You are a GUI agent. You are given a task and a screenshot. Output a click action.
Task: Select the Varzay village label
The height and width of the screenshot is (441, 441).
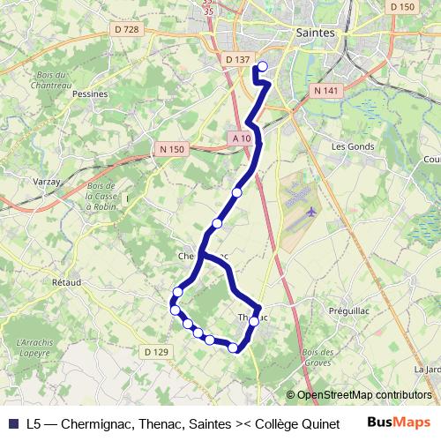click(48, 156)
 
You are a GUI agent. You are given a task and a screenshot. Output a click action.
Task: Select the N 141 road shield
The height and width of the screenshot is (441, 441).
click(325, 90)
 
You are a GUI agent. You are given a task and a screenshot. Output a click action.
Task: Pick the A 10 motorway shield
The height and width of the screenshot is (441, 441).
click(243, 138)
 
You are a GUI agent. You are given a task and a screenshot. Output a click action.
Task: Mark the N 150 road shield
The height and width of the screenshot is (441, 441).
click(171, 150)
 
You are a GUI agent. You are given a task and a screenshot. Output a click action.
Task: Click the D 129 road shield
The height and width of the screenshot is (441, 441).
click(155, 352)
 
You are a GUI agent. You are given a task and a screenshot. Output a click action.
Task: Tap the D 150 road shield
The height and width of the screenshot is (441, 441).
click(401, 7)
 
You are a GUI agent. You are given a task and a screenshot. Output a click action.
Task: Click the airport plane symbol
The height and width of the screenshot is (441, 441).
click(311, 212)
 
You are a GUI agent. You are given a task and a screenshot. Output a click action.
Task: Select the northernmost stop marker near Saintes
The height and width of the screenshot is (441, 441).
click(262, 65)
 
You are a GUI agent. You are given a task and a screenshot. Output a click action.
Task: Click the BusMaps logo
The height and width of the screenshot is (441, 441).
click(399, 422)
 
